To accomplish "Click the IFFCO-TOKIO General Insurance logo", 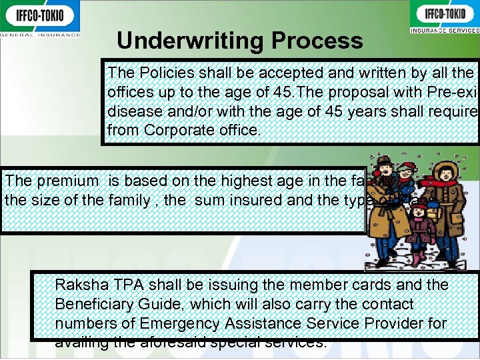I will pos(40,18).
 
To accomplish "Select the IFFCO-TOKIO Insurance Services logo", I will pos(443,18).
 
